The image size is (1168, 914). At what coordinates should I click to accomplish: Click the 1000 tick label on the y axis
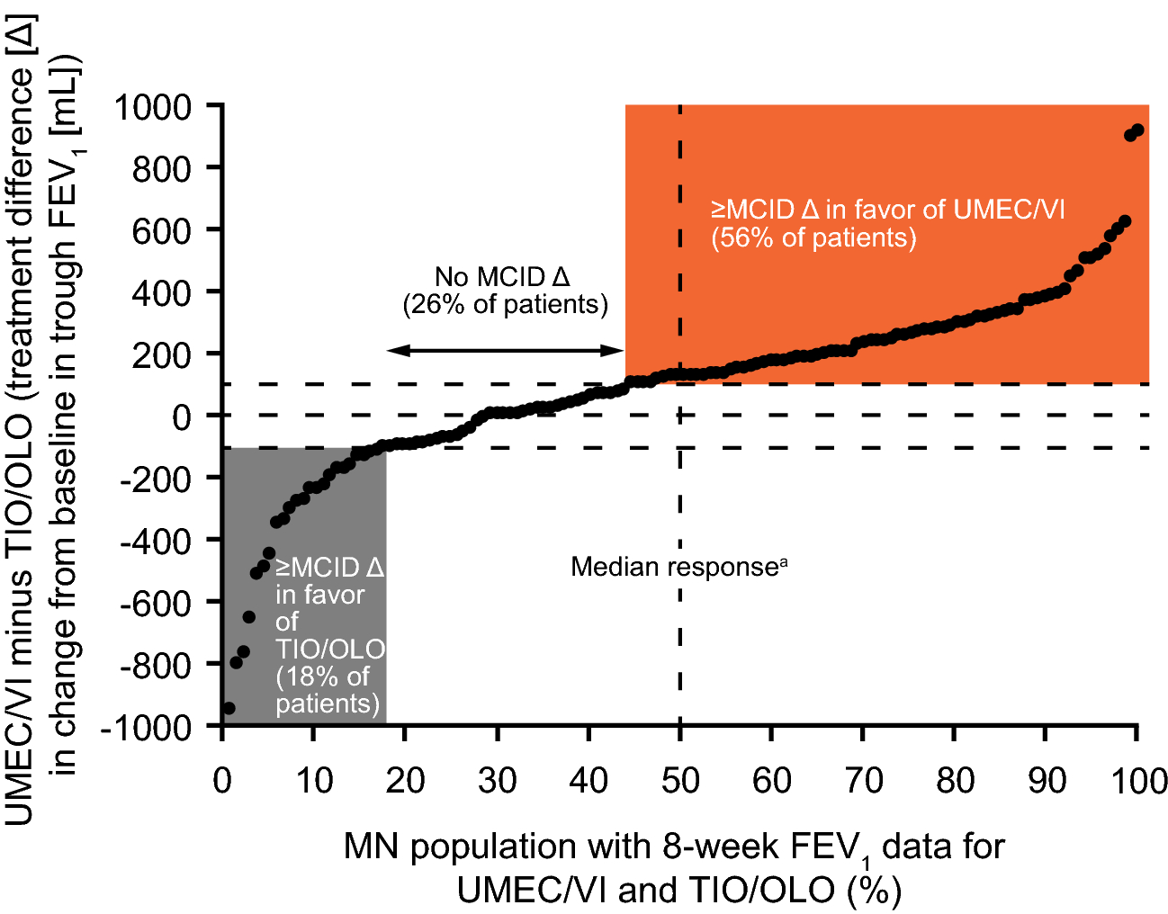point(153,107)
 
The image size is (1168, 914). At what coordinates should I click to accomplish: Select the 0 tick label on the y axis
point(182,417)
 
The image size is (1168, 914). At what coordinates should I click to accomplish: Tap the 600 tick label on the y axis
point(162,231)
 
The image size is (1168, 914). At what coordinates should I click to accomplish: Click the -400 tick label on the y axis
point(155,541)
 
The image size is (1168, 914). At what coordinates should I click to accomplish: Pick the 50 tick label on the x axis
point(680,780)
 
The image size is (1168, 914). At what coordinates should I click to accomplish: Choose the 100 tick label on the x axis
point(1138,780)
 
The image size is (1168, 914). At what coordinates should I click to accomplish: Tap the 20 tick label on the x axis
point(405,780)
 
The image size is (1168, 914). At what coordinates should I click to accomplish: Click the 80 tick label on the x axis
point(955,780)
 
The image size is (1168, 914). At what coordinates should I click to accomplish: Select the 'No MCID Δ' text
point(502,277)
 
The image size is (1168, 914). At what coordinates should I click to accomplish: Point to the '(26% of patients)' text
point(505,304)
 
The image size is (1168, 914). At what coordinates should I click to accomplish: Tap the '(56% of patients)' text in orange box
point(813,238)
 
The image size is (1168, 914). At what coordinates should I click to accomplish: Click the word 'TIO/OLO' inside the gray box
point(330,649)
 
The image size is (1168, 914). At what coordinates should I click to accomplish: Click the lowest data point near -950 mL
point(229,709)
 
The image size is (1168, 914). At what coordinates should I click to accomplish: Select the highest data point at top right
point(1137,130)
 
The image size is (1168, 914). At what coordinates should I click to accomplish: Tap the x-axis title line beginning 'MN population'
point(674,847)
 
